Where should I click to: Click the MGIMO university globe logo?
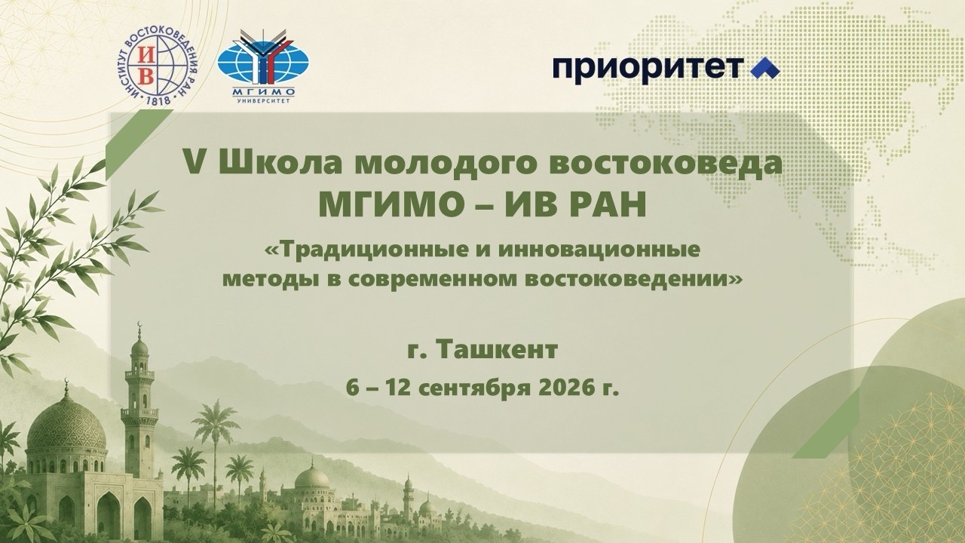pyautogui.click(x=263, y=66)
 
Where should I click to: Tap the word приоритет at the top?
pyautogui.click(x=648, y=69)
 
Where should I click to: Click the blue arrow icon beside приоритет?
pyautogui.click(x=765, y=68)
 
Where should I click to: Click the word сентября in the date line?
pyautogui.click(x=474, y=389)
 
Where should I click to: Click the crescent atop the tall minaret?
pyautogui.click(x=139, y=324)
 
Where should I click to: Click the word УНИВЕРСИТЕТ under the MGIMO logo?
pyautogui.click(x=263, y=101)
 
